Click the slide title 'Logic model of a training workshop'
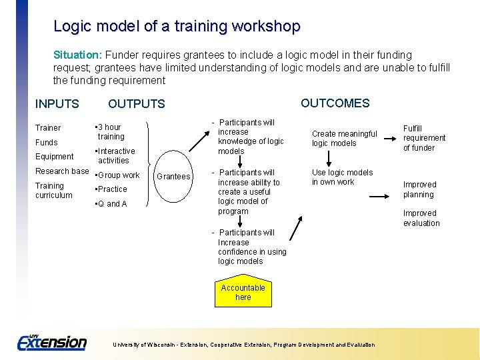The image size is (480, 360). pos(177,27)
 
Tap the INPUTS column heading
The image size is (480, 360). pos(57,104)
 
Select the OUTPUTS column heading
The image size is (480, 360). pos(136,104)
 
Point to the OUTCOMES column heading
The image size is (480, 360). pos(335,103)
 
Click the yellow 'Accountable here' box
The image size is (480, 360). pos(243,293)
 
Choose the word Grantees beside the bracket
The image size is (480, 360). pos(173,177)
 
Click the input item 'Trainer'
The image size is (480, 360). pos(48,128)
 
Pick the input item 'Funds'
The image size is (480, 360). pos(47,143)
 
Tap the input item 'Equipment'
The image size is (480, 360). pos(55,157)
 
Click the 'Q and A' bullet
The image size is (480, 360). pos(111,204)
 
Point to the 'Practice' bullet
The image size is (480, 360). pos(111,189)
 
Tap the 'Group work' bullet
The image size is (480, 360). pos(118,175)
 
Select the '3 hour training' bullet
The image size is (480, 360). pos(109,132)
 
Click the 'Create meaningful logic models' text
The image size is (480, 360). pos(344,139)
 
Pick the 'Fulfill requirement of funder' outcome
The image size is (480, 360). pos(424,138)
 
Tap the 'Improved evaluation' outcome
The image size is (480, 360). pos(421,219)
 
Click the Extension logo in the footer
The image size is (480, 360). pos(52,342)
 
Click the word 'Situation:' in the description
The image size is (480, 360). pos(77,55)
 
